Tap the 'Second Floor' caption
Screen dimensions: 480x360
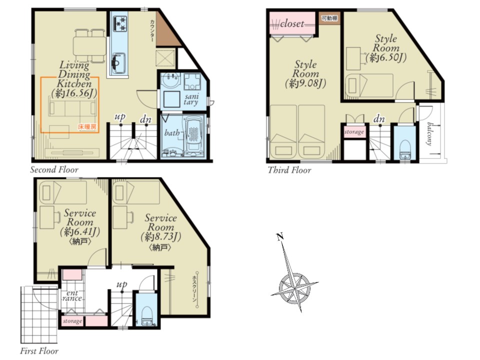point(54,169)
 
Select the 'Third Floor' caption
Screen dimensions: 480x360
point(289,170)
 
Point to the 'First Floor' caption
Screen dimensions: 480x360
point(39,351)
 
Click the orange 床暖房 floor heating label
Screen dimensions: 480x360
point(87,126)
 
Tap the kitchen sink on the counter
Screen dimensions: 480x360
point(118,63)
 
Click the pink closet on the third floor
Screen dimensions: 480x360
point(292,23)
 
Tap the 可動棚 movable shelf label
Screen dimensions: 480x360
point(329,18)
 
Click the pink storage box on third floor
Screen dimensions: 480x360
point(354,132)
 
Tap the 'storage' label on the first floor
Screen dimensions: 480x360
point(72,321)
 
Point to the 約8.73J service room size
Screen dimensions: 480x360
point(160,236)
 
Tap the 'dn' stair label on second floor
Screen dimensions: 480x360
point(145,119)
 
